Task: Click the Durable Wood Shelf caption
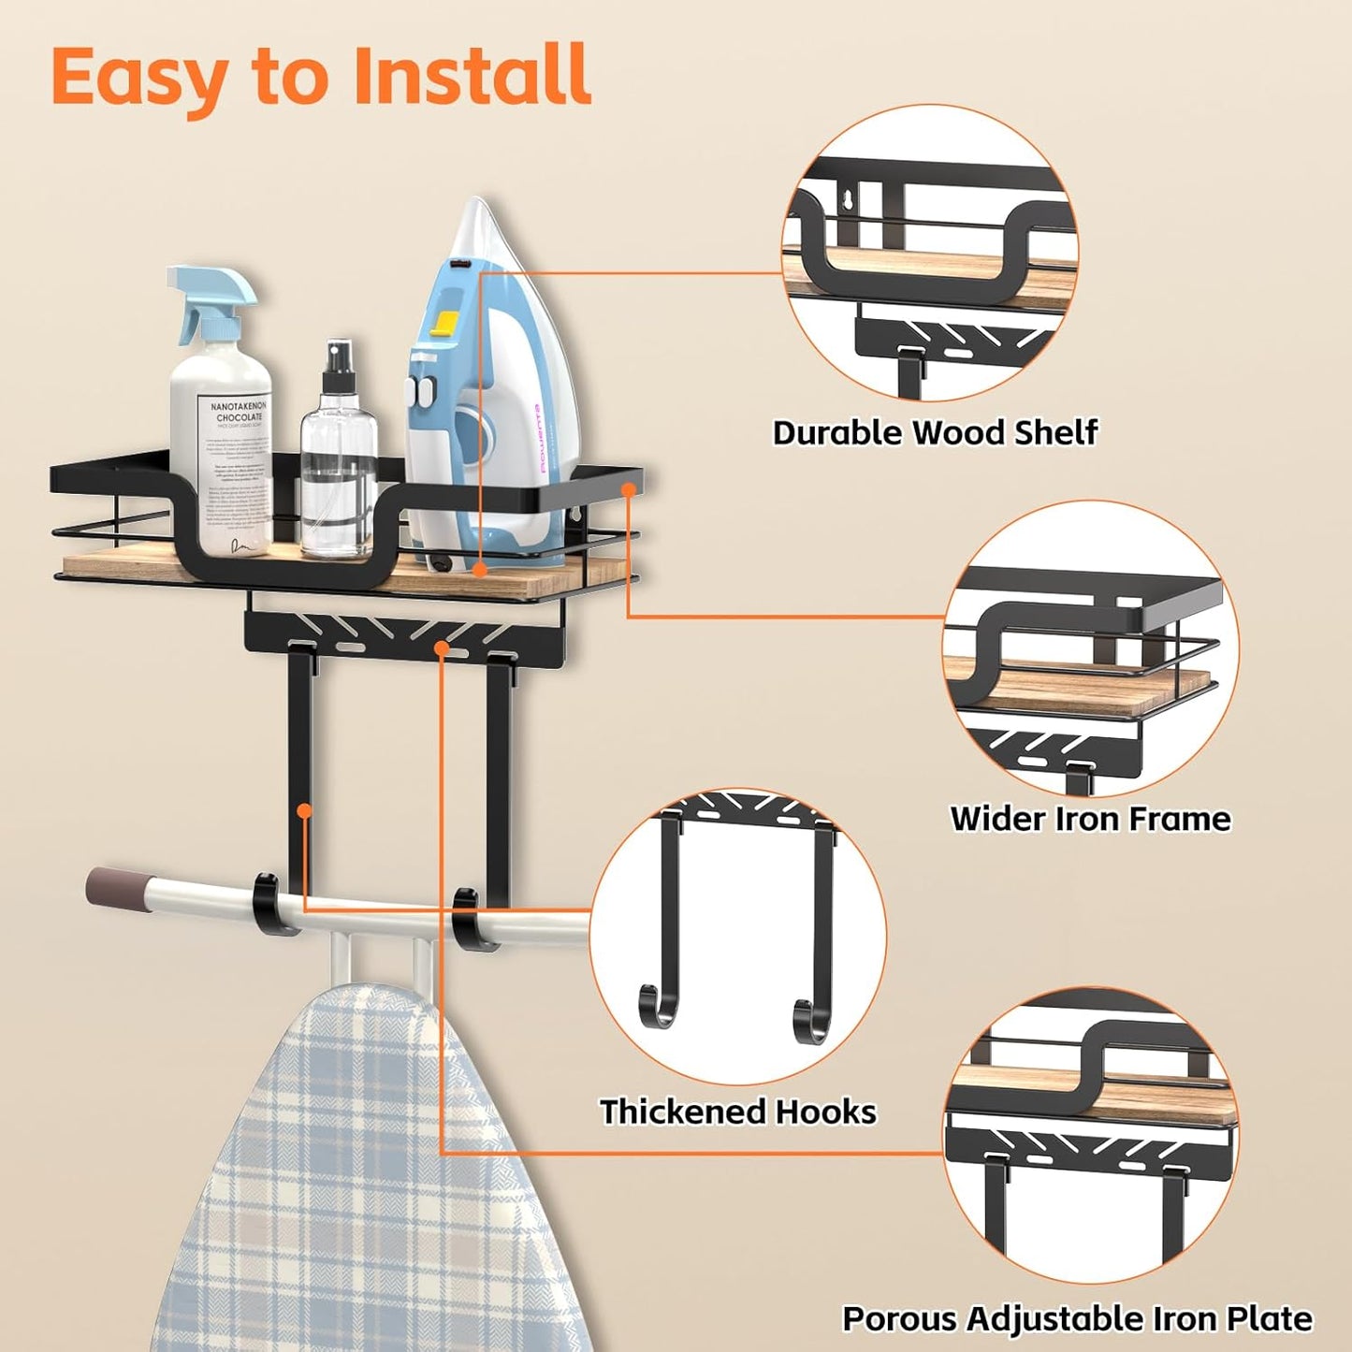(935, 432)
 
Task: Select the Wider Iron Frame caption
(1090, 819)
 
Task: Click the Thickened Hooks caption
(738, 1112)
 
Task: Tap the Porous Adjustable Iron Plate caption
(1077, 1318)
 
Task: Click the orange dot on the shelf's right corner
(630, 487)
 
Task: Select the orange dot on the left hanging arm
(304, 810)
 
